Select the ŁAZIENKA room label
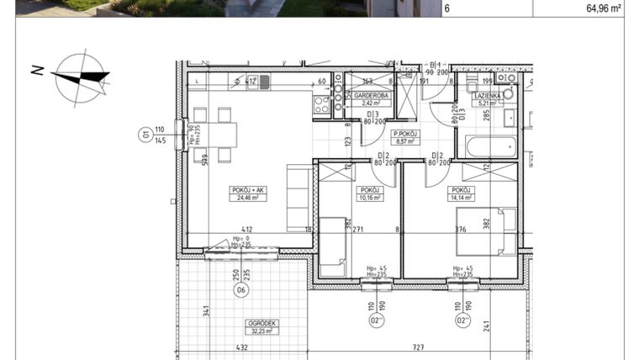coord(488,97)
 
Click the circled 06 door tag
coord(240,292)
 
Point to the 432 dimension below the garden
coord(240,347)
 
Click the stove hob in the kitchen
coord(321,105)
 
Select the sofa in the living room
coord(298,199)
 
